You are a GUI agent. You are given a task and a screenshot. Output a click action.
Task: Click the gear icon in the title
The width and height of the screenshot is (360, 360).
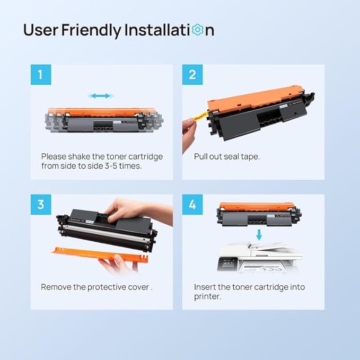coord(197,30)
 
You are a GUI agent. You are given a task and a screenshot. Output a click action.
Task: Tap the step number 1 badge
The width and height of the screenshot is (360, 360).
coord(41,75)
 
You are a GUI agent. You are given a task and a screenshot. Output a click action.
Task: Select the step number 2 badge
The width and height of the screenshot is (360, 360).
coord(192,75)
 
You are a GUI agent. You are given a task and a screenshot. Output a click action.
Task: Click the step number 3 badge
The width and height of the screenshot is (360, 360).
coord(41,204)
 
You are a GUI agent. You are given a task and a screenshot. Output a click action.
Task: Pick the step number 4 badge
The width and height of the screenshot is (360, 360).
coord(192,204)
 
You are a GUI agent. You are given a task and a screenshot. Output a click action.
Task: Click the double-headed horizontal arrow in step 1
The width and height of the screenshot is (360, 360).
coord(101,96)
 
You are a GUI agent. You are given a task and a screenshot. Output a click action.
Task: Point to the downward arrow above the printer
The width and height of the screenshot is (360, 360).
coord(259,235)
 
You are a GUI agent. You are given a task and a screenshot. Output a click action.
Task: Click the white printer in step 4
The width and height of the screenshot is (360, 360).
coord(259,257)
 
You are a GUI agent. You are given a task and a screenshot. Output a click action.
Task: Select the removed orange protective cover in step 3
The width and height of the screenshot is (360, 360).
coord(100,254)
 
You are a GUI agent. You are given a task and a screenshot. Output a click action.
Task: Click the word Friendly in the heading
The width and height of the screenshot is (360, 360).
coord(91,30)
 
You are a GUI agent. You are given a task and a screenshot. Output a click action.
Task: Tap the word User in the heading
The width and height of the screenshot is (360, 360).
coord(41,30)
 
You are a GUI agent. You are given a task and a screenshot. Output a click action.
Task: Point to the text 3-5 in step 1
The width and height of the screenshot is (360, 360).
coord(111,166)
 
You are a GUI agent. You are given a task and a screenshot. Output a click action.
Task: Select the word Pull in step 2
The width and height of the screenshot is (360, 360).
coord(200,156)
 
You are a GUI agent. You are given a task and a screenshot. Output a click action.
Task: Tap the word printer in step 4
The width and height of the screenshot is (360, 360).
coord(207,297)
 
